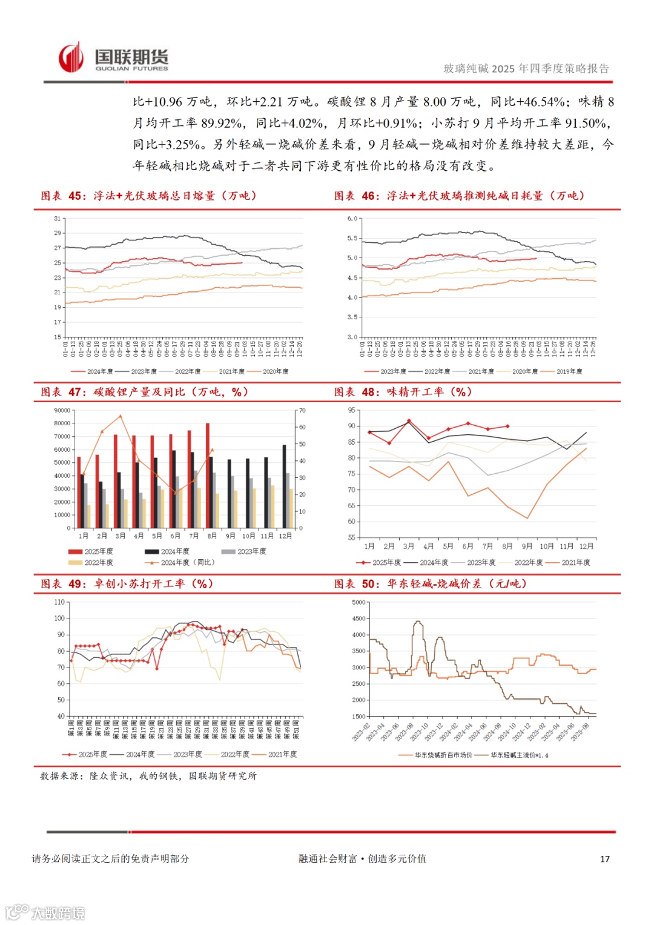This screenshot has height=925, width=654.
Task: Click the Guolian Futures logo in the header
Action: (113, 59)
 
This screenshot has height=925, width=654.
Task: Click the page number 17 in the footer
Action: (604, 859)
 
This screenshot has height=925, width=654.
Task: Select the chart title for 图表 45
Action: (149, 196)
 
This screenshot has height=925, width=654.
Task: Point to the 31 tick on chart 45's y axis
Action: (58, 219)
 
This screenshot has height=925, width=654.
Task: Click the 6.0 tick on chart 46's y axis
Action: (352, 219)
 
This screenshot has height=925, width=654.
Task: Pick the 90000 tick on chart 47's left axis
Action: (62, 411)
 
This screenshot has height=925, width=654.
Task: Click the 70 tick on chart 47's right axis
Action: (302, 411)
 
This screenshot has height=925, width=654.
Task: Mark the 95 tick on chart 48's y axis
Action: (352, 411)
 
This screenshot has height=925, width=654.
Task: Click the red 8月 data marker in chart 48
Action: (507, 426)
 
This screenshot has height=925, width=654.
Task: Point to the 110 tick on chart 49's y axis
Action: (59, 602)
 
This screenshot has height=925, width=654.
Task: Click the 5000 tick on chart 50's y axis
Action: (358, 603)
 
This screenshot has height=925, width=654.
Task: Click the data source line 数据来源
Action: (148, 776)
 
